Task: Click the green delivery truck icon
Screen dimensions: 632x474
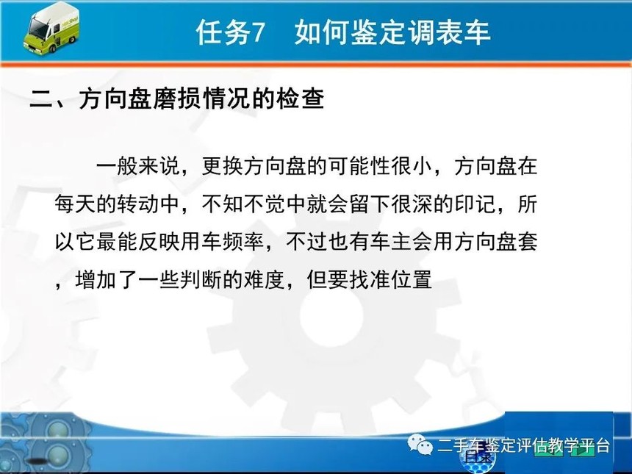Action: click(51, 28)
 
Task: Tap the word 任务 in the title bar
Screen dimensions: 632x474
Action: click(223, 32)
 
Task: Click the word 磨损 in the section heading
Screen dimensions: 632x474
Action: click(176, 98)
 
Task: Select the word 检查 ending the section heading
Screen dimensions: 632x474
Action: click(301, 98)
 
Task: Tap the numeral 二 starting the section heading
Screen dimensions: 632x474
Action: click(41, 98)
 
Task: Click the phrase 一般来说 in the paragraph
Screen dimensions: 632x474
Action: click(137, 166)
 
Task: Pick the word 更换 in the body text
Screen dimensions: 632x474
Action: click(222, 166)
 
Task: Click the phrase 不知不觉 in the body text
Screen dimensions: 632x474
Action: click(243, 204)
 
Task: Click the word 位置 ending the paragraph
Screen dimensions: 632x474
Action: click(412, 279)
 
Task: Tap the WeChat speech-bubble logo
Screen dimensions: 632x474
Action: click(420, 445)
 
